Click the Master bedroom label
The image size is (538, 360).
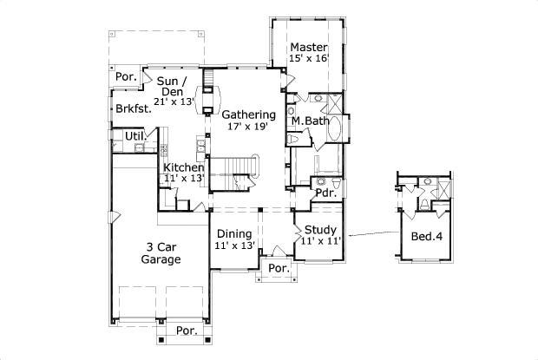308,47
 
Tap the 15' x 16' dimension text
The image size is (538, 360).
308,59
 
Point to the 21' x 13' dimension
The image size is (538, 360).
174,101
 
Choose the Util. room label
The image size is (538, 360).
134,136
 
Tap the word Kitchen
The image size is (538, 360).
184,167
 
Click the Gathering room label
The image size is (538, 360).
248,115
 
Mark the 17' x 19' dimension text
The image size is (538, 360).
248,127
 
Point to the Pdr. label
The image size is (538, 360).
325,194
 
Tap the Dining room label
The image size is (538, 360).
233,234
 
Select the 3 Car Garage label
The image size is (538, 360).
161,252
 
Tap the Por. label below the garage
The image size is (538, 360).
186,331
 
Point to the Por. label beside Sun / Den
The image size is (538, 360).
124,77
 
